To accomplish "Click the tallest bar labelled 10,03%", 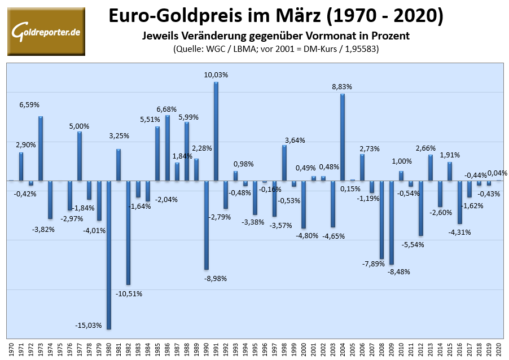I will [x=216, y=131].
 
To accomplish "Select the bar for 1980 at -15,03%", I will [x=109, y=254].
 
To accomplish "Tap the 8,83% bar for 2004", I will [x=343, y=137].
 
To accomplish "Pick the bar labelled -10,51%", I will [x=128, y=232].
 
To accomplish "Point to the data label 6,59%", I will [x=29, y=105].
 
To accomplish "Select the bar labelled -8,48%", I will [x=391, y=222].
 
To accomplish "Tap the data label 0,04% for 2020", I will [x=497, y=173].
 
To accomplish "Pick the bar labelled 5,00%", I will [x=80, y=156].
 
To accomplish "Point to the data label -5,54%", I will [x=413, y=244].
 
